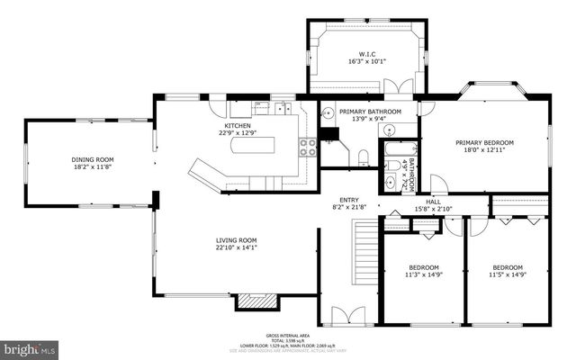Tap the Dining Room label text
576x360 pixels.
click(93, 159)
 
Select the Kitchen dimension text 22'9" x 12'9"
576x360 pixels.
click(225, 133)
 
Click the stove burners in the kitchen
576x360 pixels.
click(309, 147)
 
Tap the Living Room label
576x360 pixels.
click(236, 240)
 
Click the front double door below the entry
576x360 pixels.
click(346, 316)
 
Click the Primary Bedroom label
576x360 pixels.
click(484, 143)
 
